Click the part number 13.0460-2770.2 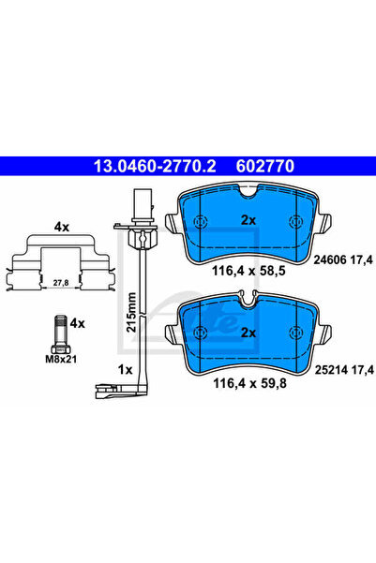click(x=155, y=166)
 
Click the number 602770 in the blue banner click(x=265, y=166)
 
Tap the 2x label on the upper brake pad click(x=248, y=220)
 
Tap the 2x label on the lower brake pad click(x=248, y=333)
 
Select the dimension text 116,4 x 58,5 click(x=248, y=271)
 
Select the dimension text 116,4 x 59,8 click(x=249, y=383)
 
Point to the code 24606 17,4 click(x=343, y=259)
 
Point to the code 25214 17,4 click(x=344, y=369)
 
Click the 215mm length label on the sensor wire click(x=132, y=312)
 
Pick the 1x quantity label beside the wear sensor click(x=126, y=369)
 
